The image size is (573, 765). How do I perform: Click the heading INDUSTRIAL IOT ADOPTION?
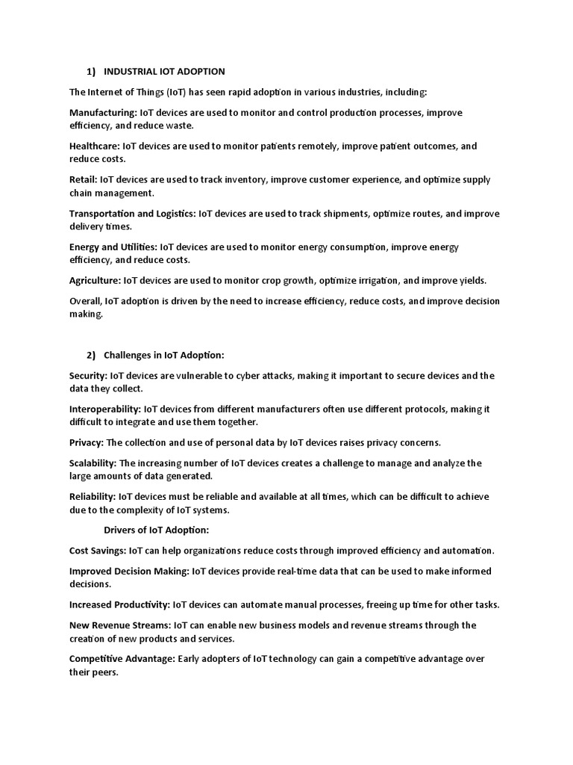[x=164, y=72]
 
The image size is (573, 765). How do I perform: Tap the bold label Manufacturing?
[x=103, y=113]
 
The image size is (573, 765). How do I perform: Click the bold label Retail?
[x=84, y=180]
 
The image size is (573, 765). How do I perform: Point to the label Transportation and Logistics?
[x=131, y=214]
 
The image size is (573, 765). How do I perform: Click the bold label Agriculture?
[x=95, y=281]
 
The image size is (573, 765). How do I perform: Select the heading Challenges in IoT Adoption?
[x=164, y=355]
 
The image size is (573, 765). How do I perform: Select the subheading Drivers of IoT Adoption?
[x=156, y=530]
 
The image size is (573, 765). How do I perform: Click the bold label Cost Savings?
[x=98, y=551]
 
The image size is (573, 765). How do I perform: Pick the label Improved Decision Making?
[x=129, y=572]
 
